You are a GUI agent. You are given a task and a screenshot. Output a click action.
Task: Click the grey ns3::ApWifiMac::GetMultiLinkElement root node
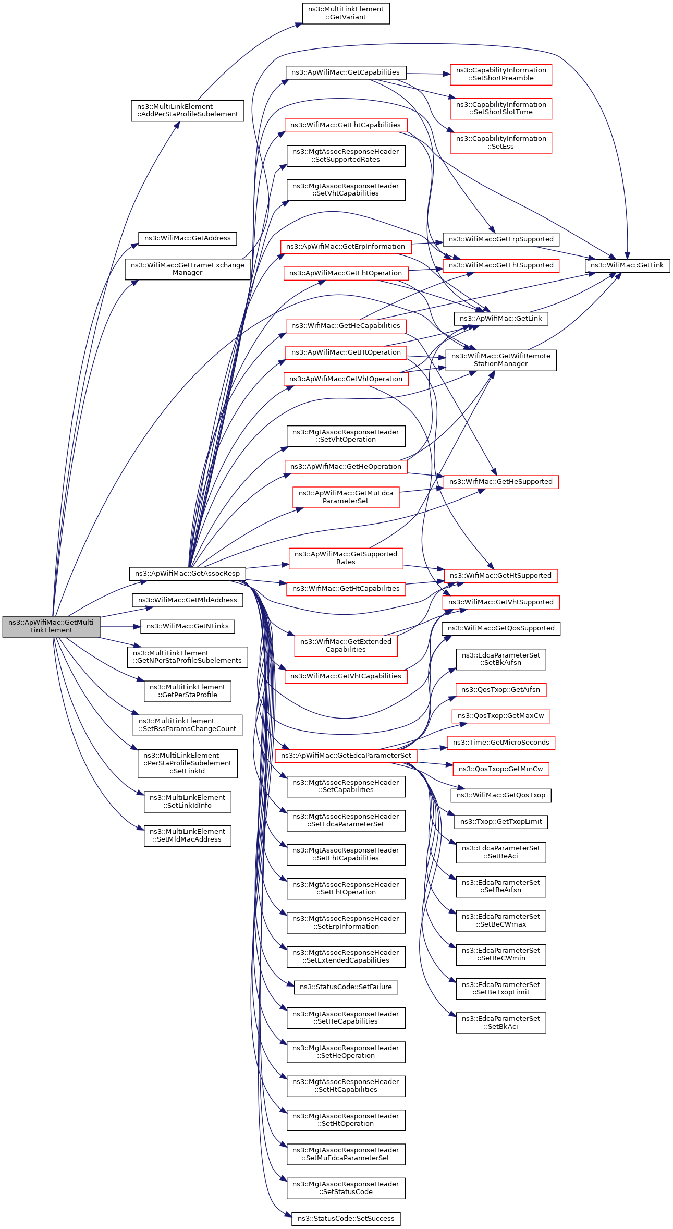[51, 626]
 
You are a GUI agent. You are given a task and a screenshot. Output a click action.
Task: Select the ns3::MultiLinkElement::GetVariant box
[346, 13]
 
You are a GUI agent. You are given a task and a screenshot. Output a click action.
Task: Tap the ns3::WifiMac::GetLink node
[627, 265]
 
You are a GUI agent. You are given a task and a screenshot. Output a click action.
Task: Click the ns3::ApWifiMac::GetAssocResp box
[187, 574]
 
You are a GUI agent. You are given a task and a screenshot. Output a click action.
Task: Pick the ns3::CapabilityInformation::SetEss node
[501, 142]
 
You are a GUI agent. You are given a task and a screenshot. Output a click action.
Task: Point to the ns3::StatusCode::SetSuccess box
[346, 1219]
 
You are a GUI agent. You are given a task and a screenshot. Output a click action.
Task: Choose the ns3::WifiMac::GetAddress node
[188, 238]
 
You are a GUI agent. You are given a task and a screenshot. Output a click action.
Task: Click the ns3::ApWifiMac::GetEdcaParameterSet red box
[346, 756]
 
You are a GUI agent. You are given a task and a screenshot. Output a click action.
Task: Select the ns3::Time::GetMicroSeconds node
[501, 743]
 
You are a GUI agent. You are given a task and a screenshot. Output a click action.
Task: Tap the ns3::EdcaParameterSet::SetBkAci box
[501, 1023]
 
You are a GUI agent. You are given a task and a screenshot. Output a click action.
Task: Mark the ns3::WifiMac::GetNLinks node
[188, 626]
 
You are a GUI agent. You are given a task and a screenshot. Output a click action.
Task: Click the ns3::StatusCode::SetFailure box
[346, 987]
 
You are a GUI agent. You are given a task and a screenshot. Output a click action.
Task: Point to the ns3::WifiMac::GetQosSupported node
[501, 628]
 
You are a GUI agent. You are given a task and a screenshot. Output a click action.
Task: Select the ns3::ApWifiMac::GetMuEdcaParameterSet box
[346, 497]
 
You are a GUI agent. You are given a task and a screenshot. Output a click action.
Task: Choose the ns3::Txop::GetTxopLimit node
[501, 822]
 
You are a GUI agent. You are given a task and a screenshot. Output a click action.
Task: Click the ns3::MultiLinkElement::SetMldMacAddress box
[188, 835]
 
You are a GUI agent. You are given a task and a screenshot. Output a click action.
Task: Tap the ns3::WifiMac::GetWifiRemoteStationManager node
[501, 360]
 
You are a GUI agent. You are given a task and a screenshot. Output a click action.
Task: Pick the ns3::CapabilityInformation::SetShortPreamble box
[501, 74]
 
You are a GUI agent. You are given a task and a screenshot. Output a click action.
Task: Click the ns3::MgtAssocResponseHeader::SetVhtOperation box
[346, 436]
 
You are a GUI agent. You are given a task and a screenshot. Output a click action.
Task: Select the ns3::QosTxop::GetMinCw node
[501, 769]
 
